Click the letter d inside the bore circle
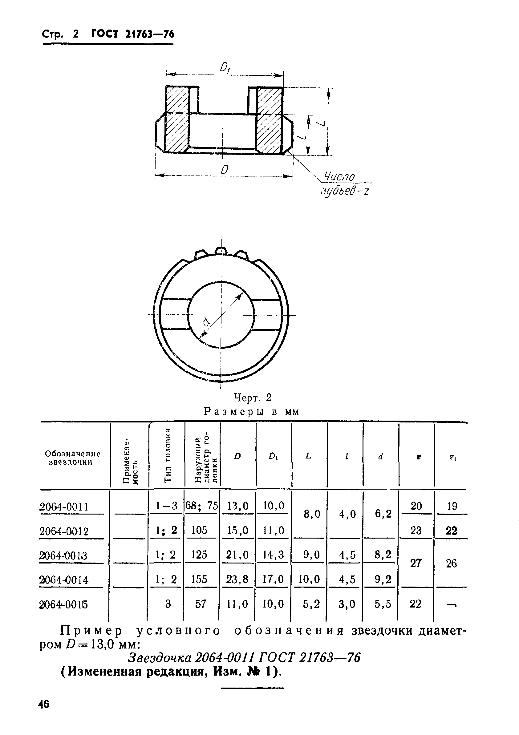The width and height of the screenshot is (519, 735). (x=206, y=322)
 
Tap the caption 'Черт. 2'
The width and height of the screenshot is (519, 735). (x=253, y=397)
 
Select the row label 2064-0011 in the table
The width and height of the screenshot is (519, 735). (x=64, y=507)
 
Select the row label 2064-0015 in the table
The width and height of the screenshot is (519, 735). (x=63, y=604)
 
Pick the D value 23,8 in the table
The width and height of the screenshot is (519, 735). (x=237, y=580)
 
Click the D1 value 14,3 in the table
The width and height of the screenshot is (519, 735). (x=273, y=555)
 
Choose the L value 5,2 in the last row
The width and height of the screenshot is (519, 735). (x=310, y=604)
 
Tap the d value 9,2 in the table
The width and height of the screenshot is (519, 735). (x=383, y=580)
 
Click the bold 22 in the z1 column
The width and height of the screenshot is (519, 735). (x=452, y=531)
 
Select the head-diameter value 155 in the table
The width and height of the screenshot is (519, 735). (x=199, y=579)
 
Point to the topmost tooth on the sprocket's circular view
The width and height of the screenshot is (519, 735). (x=221, y=250)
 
